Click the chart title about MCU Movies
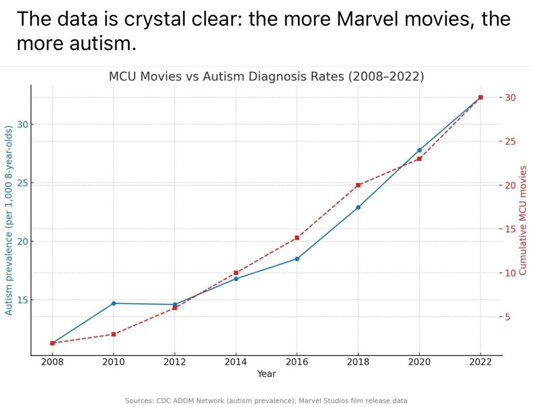click(266, 77)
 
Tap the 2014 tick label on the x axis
click(236, 362)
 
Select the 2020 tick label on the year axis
click(419, 362)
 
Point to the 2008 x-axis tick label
click(53, 362)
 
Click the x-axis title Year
click(266, 374)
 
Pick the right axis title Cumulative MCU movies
click(523, 220)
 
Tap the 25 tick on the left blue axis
click(21, 183)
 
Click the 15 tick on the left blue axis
click(21, 300)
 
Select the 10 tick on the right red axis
click(510, 273)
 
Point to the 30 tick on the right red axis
click(510, 97)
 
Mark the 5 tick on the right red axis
click(508, 317)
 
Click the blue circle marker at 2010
click(114, 304)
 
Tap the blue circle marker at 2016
click(297, 259)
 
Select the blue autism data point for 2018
click(358, 207)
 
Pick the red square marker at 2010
click(114, 334)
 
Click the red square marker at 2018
click(358, 185)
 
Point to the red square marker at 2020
click(419, 159)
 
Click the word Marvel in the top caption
click(370, 20)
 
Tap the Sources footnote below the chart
click(266, 400)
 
